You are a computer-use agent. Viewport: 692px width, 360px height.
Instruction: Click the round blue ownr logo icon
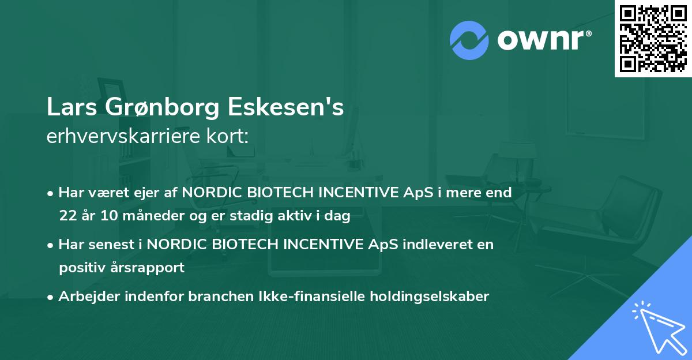469,40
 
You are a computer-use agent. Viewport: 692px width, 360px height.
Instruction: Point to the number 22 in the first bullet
67,216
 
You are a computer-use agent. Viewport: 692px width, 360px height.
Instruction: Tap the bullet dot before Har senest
51,245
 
